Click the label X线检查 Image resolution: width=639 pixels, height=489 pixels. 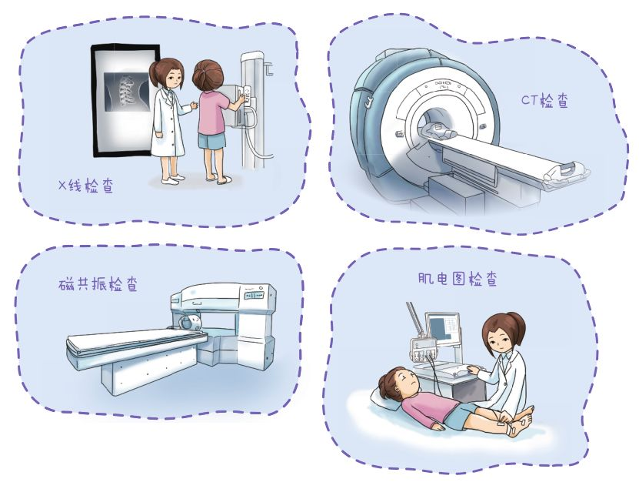[x=85, y=186]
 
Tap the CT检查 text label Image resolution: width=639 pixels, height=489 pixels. [x=545, y=100]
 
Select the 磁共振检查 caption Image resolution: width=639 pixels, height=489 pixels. [x=98, y=284]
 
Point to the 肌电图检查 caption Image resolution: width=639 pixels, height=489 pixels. [x=458, y=279]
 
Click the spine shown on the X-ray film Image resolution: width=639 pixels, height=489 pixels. [x=125, y=92]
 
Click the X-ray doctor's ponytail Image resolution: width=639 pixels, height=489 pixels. [x=154, y=72]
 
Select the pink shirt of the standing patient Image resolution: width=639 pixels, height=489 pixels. [x=213, y=112]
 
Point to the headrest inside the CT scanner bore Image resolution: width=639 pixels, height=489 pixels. [x=437, y=130]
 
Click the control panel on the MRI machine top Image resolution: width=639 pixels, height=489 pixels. [x=254, y=295]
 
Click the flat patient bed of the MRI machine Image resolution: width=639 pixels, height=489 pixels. [x=135, y=341]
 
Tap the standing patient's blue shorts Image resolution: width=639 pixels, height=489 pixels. [x=211, y=140]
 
